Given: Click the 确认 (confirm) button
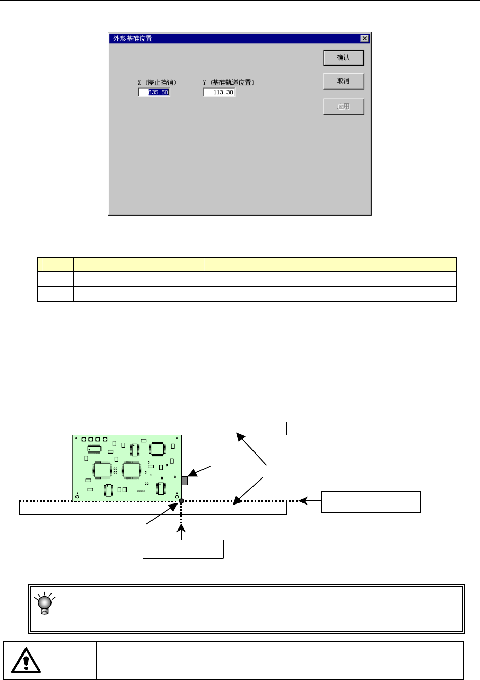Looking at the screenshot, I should coord(343,58).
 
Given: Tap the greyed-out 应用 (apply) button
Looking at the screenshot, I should coord(343,107).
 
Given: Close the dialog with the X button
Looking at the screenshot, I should coord(364,38).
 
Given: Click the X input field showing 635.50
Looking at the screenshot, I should coord(154,92).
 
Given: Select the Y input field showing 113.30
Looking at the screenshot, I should coord(219,92).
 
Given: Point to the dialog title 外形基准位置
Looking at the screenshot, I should coord(133,38).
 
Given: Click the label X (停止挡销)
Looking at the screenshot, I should coord(157,82).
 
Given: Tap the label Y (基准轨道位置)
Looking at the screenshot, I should coord(229,82).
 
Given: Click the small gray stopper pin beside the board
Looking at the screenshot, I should coord(185,481).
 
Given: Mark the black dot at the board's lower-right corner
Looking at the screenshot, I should coord(181,501).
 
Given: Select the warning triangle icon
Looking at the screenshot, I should coord(26,661).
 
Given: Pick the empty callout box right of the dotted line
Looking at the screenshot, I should coord(370,502).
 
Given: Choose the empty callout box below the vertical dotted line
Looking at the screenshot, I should coord(183,549).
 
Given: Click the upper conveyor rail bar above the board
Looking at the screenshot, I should coord(153,429).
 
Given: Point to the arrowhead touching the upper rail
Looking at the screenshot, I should coord(240,437).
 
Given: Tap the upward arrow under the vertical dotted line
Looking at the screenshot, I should coord(181,531).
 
